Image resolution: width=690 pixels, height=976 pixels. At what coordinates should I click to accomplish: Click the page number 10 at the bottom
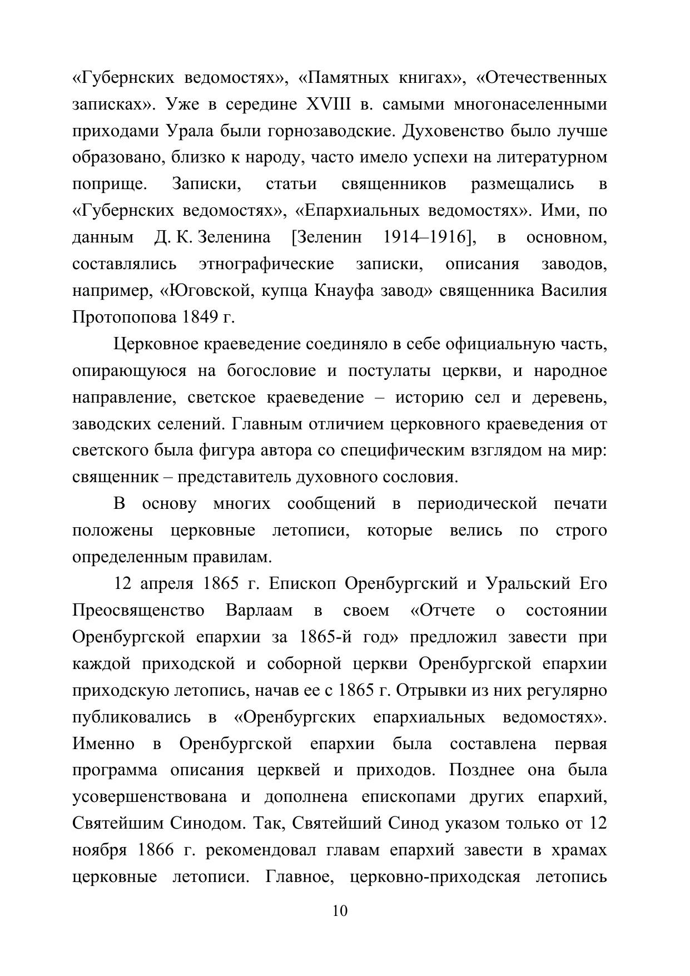[x=340, y=911]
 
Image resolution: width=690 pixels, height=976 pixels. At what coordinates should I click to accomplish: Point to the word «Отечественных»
[x=542, y=78]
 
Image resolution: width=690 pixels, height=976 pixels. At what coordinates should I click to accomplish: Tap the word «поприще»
[x=109, y=185]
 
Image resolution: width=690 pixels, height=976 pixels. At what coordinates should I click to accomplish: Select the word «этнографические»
[x=266, y=264]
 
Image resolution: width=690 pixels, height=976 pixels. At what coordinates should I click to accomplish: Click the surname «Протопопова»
[x=124, y=318]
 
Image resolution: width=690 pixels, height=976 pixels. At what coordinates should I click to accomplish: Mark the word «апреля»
[x=166, y=584]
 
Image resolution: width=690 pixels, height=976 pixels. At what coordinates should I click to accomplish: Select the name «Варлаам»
[x=259, y=611]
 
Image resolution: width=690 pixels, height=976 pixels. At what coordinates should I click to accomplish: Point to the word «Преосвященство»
[x=138, y=611]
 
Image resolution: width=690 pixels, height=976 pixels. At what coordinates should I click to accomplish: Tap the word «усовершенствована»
[x=150, y=797]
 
